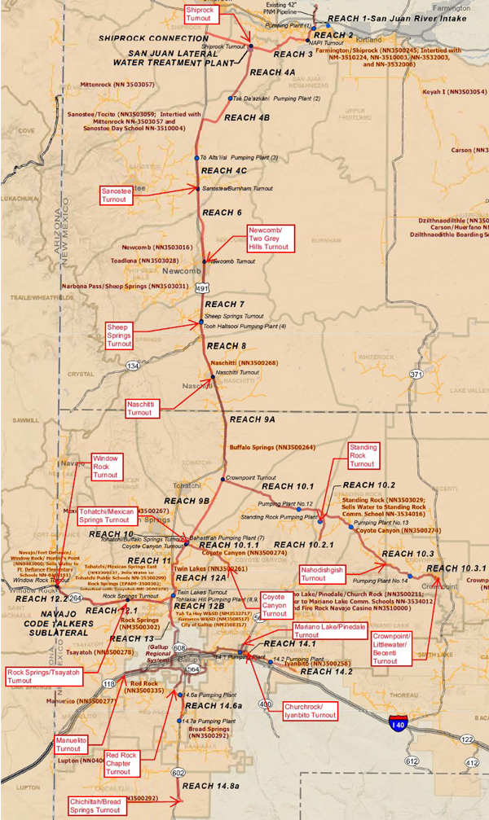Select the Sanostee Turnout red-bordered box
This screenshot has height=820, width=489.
[x=115, y=195]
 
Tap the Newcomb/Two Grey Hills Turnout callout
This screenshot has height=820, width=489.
[x=270, y=239]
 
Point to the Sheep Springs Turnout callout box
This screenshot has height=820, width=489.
[x=119, y=335]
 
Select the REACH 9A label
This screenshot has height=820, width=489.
[x=253, y=420]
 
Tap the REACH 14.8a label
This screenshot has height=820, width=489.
[x=211, y=786]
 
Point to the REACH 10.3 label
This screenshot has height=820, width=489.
[x=403, y=554]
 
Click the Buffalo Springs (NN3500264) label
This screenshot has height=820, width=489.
[x=271, y=447]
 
